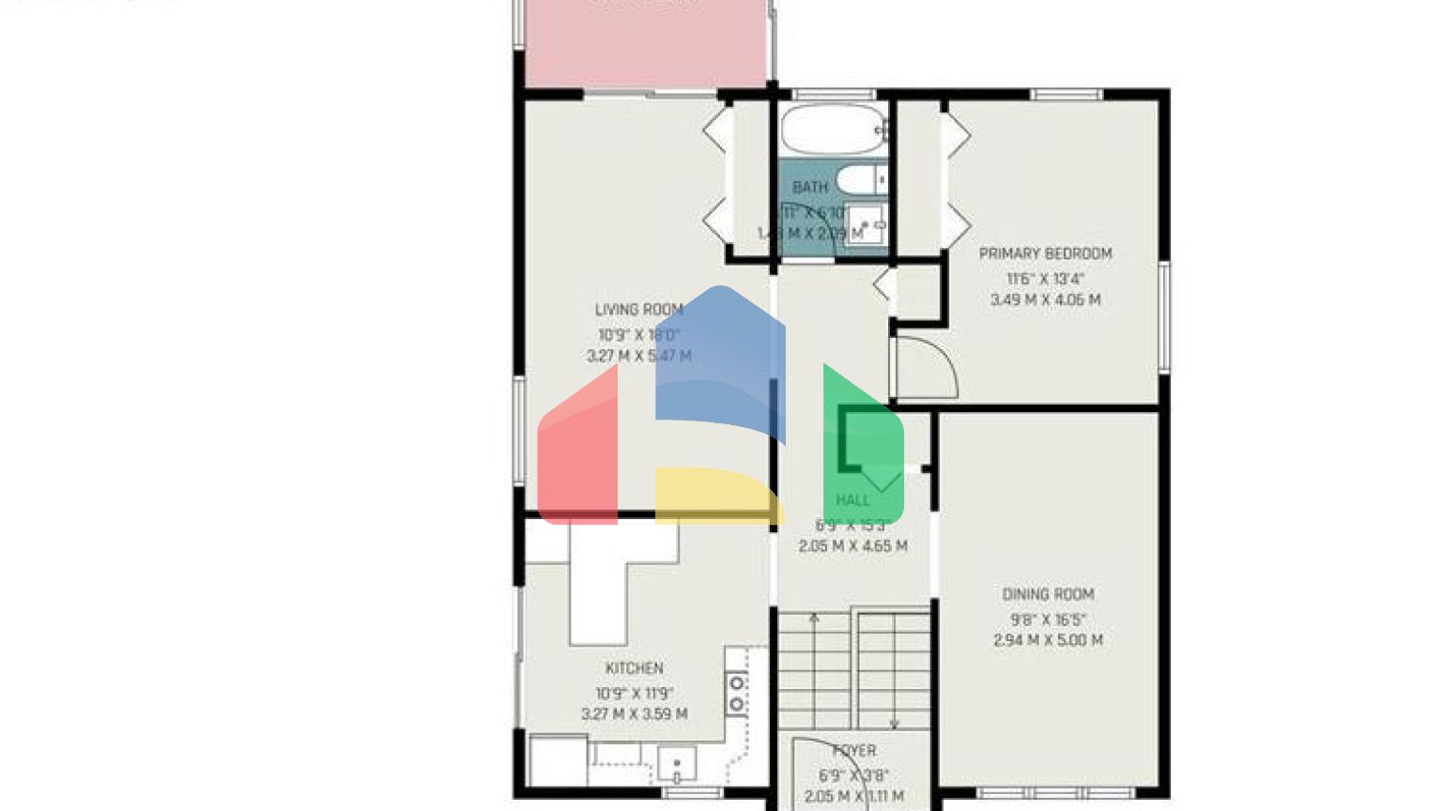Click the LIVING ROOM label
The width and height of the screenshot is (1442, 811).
pos(638,310)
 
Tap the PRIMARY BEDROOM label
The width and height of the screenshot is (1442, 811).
pos(1045,253)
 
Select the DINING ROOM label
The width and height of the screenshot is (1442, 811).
pos(1048,594)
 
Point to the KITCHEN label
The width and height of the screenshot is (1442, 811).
pos(635,668)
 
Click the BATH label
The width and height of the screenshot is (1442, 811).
pos(809,188)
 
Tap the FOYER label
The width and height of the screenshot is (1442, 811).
pos(854,751)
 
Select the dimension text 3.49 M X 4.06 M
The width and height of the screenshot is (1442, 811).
pos(1045,300)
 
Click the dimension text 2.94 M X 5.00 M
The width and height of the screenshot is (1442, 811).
pos(1048,640)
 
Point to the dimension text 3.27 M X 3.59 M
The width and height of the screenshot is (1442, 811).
pos(635,714)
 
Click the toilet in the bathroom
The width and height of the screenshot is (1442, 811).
pos(858,178)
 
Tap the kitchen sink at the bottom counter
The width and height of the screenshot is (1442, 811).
pos(677,764)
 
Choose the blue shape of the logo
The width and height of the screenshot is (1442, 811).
pos(719,361)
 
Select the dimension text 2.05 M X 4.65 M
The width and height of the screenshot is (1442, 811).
pos(852,546)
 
